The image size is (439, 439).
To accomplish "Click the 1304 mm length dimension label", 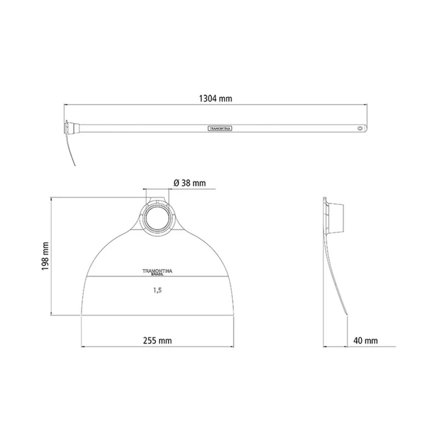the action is click(215, 99).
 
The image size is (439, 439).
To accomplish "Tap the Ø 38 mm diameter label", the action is click(189, 183).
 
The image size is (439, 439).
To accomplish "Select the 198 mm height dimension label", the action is click(46, 256).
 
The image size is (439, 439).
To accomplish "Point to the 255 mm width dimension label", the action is click(157, 341).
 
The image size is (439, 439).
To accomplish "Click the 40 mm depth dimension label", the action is click(365, 341).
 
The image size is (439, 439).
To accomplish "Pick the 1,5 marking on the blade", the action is click(157, 290).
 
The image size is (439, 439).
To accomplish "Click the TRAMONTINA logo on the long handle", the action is click(220, 128).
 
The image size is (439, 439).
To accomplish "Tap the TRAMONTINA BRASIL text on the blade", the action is click(157, 272).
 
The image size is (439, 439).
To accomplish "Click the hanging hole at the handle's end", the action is click(360, 128).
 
